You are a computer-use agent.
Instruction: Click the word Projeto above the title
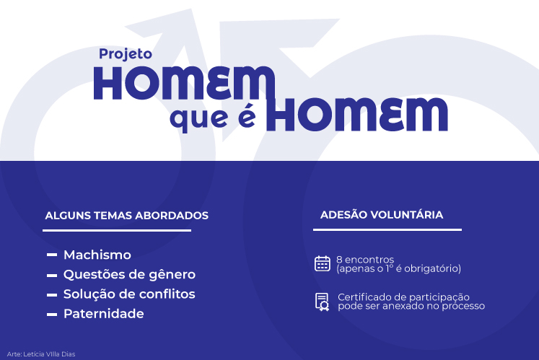click(126, 55)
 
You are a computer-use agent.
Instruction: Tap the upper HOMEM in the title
click(185, 83)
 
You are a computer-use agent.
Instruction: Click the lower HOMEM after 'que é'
click(357, 114)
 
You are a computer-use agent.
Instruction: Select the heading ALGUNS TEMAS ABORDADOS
click(126, 216)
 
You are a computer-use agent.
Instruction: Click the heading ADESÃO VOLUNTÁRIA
click(382, 214)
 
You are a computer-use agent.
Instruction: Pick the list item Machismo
click(97, 255)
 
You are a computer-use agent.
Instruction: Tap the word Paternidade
click(104, 314)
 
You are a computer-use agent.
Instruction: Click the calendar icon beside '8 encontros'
click(322, 264)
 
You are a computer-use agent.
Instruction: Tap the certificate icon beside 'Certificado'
click(322, 302)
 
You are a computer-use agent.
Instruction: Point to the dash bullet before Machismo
click(52, 255)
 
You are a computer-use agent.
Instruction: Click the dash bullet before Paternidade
click(52, 315)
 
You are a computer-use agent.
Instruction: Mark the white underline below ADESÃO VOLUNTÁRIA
click(387, 229)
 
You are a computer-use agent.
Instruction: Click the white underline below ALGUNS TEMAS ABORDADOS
click(117, 230)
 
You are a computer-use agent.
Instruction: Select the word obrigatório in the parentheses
click(432, 268)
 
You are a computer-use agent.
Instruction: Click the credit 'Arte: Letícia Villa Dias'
click(41, 354)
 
